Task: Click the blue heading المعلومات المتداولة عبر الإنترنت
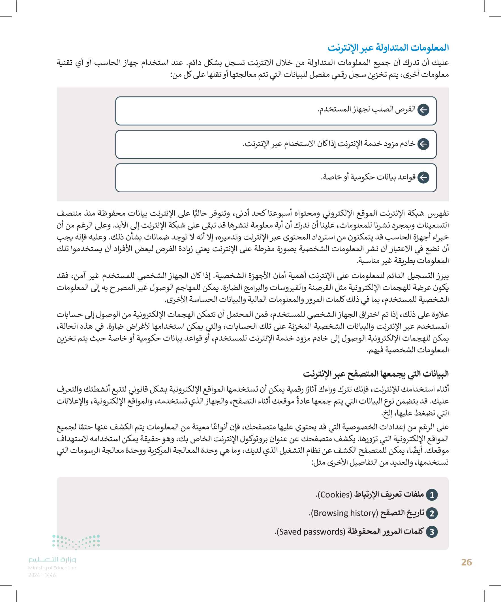point(388,48)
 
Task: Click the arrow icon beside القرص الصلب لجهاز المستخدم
point(423,110)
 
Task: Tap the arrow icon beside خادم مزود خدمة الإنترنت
point(423,144)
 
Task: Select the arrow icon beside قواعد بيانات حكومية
point(423,177)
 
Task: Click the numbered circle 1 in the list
point(432,495)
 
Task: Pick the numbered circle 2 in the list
point(432,513)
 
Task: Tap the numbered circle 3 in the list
point(432,532)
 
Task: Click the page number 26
point(466,562)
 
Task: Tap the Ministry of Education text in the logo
point(52,568)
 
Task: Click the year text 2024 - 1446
point(42,575)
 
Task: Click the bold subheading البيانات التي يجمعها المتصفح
point(376,374)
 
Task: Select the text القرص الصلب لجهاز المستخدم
point(367,110)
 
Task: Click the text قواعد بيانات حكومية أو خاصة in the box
point(368,177)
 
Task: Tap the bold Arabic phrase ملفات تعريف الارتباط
point(389,495)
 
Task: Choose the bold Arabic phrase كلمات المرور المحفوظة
point(385,531)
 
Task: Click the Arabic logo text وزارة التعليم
point(52,559)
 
